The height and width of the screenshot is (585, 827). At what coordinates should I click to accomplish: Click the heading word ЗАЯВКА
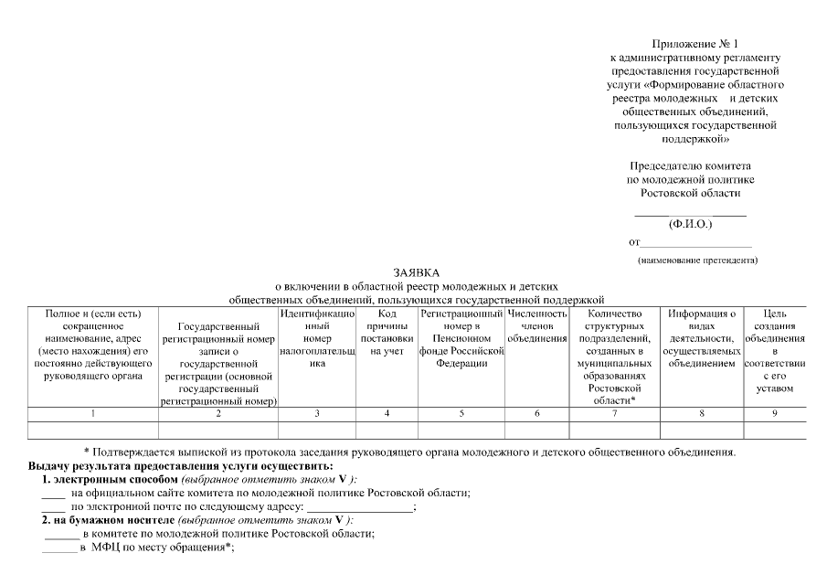click(417, 272)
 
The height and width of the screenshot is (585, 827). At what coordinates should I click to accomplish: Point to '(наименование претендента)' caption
click(697, 261)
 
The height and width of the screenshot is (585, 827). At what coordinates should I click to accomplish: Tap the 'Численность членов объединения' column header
click(536, 326)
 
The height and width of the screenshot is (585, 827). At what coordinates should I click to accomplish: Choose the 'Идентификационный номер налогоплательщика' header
click(317, 338)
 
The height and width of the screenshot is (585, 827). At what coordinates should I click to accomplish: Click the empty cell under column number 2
click(218, 430)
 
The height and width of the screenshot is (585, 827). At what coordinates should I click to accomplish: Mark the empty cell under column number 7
click(614, 430)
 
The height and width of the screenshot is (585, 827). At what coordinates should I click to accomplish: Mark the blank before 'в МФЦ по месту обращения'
click(59, 549)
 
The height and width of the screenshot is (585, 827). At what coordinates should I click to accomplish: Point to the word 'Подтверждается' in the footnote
click(138, 452)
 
